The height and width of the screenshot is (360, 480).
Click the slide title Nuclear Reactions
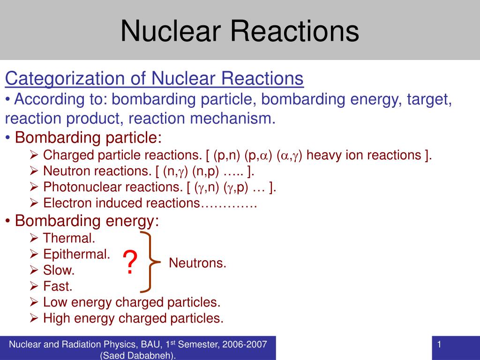(x=240, y=30)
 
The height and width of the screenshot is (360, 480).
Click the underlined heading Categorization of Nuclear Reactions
(x=154, y=79)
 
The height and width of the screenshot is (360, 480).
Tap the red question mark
(x=131, y=263)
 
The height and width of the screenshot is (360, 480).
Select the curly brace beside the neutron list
(x=151, y=261)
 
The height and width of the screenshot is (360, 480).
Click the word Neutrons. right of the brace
(x=197, y=263)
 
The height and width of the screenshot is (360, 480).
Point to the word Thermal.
(x=69, y=238)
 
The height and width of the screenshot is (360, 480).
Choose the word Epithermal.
(x=76, y=254)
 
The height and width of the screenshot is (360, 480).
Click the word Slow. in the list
(x=59, y=270)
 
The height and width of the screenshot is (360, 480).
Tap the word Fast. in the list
(x=58, y=286)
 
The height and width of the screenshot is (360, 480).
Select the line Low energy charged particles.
(x=131, y=302)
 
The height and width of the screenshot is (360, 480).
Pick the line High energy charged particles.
(x=133, y=319)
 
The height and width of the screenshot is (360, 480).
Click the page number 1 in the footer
(x=439, y=345)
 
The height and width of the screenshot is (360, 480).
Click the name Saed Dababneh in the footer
(x=138, y=355)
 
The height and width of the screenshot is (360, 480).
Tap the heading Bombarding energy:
(x=87, y=220)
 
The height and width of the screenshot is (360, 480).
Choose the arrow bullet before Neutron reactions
(x=34, y=172)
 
